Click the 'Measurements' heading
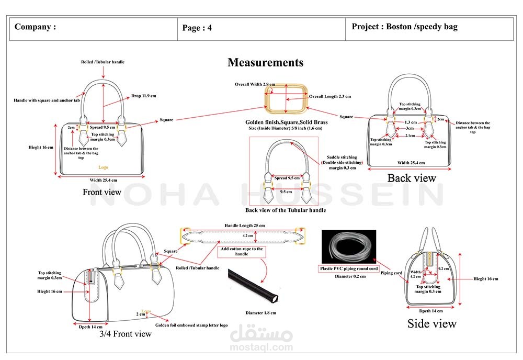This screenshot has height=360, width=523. [265, 63]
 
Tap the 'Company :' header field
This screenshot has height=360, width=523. [35, 27]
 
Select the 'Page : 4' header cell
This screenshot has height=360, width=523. [197, 28]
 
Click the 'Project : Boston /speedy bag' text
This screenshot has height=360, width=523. [404, 27]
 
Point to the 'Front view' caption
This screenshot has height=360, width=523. [101, 192]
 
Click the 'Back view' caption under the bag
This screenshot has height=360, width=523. [411, 178]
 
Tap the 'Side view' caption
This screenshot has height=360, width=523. [431, 324]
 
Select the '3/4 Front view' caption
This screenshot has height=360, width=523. [126, 334]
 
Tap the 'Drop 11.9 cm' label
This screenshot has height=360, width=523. [143, 96]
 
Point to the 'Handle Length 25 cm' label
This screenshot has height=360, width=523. [244, 226]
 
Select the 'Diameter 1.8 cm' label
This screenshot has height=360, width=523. [260, 313]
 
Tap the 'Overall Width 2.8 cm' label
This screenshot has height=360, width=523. [255, 84]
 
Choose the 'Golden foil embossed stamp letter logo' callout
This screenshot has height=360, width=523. [191, 325]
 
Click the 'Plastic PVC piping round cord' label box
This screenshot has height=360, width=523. [348, 269]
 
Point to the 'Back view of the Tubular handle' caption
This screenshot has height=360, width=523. [285, 210]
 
